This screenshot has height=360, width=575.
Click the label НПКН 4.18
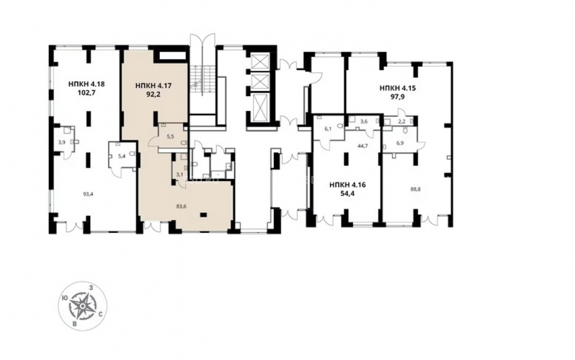[87, 83]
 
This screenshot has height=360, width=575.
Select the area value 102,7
[87, 92]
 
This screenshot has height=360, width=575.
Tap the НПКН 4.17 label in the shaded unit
[154, 86]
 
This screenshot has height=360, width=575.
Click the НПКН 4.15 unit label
[397, 88]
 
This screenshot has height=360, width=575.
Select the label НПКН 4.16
[348, 185]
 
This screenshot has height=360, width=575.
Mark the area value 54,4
[348, 193]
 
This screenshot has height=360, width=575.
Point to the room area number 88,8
[415, 190]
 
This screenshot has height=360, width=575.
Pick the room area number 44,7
[363, 145]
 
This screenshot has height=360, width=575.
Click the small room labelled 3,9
[62, 142]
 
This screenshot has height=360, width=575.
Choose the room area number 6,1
[328, 128]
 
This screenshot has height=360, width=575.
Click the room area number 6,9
[400, 143]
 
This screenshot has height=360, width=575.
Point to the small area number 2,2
[401, 121]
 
